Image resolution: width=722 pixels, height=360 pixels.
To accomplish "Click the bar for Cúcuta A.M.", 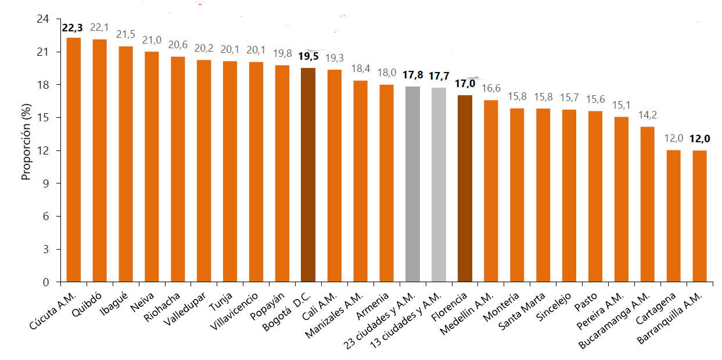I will pyautogui.click(x=74, y=160).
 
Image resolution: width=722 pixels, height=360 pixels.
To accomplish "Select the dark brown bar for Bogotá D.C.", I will pyautogui.click(x=308, y=175).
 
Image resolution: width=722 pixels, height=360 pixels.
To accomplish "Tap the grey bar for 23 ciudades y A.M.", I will pyautogui.click(x=412, y=184).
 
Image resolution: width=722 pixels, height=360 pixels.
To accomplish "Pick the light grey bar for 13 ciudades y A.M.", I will pyautogui.click(x=439, y=185).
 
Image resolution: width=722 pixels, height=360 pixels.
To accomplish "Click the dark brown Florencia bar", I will pyautogui.click(x=465, y=189).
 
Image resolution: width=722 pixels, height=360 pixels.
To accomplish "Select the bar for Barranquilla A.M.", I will pyautogui.click(x=700, y=216).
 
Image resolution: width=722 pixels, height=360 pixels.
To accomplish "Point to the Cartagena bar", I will pyautogui.click(x=673, y=216).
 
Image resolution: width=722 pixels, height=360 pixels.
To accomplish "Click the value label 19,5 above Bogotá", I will pyautogui.click(x=308, y=56).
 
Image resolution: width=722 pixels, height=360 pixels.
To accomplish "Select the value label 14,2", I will pyautogui.click(x=647, y=114).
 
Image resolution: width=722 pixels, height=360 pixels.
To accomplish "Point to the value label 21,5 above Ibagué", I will pyautogui.click(x=125, y=35).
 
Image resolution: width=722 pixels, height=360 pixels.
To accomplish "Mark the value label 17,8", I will pyautogui.click(x=412, y=75).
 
